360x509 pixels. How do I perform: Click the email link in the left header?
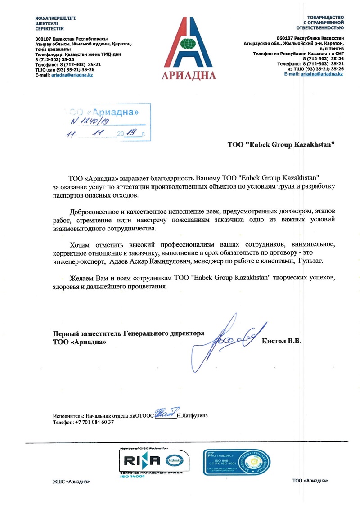pos(72,75)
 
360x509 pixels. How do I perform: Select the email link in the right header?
pos(322,74)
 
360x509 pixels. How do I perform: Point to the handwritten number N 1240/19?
pos(90,121)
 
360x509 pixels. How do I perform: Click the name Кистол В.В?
pos(281,341)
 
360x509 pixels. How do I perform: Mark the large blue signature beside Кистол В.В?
pos(229,340)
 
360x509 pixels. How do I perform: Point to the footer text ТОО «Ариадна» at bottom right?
pos(310,481)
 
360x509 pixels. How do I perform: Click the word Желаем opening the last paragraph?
pos(82,278)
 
